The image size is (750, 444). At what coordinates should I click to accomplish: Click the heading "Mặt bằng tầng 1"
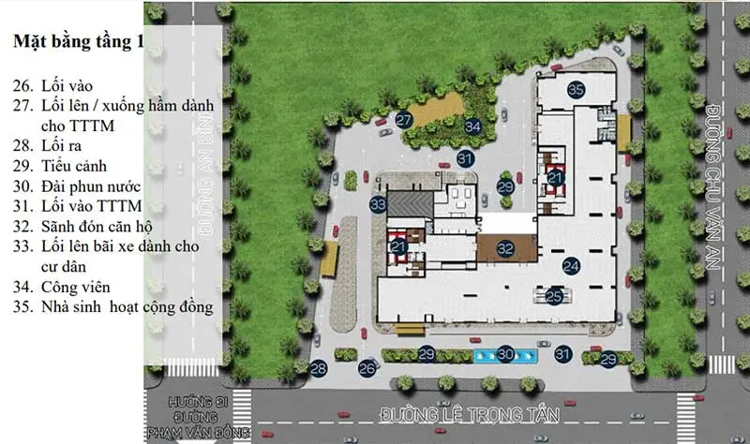pos(79,41)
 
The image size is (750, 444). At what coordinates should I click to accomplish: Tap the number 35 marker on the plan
pos(576,89)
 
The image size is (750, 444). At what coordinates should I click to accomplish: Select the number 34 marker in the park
pos(472,126)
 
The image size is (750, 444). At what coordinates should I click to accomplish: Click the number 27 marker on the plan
pos(404,120)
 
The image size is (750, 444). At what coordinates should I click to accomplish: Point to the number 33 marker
pos(378,204)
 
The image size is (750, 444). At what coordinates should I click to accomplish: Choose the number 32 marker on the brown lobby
pos(505,248)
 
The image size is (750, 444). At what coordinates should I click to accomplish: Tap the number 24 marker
pos(571,266)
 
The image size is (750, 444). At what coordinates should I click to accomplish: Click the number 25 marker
pos(554,297)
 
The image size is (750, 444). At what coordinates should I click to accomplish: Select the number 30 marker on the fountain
pos(505,354)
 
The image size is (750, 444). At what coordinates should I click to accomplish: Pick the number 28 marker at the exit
pos(319,368)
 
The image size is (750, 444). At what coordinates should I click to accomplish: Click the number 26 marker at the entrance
pos(367,368)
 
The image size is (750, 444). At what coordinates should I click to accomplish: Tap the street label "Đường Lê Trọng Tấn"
pos(470,414)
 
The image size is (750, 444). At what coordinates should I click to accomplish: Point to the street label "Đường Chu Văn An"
pos(713,186)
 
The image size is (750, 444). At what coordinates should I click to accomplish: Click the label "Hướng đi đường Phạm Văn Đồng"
pos(199,417)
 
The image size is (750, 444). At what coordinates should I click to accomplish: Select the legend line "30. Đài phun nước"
pos(77,185)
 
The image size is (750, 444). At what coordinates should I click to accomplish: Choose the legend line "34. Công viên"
pos(62,287)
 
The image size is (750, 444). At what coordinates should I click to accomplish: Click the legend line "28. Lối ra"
pos(48,146)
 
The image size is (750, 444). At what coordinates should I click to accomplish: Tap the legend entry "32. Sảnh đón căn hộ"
pos(82,226)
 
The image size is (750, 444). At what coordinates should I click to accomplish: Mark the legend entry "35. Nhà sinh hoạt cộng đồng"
pos(112,307)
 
